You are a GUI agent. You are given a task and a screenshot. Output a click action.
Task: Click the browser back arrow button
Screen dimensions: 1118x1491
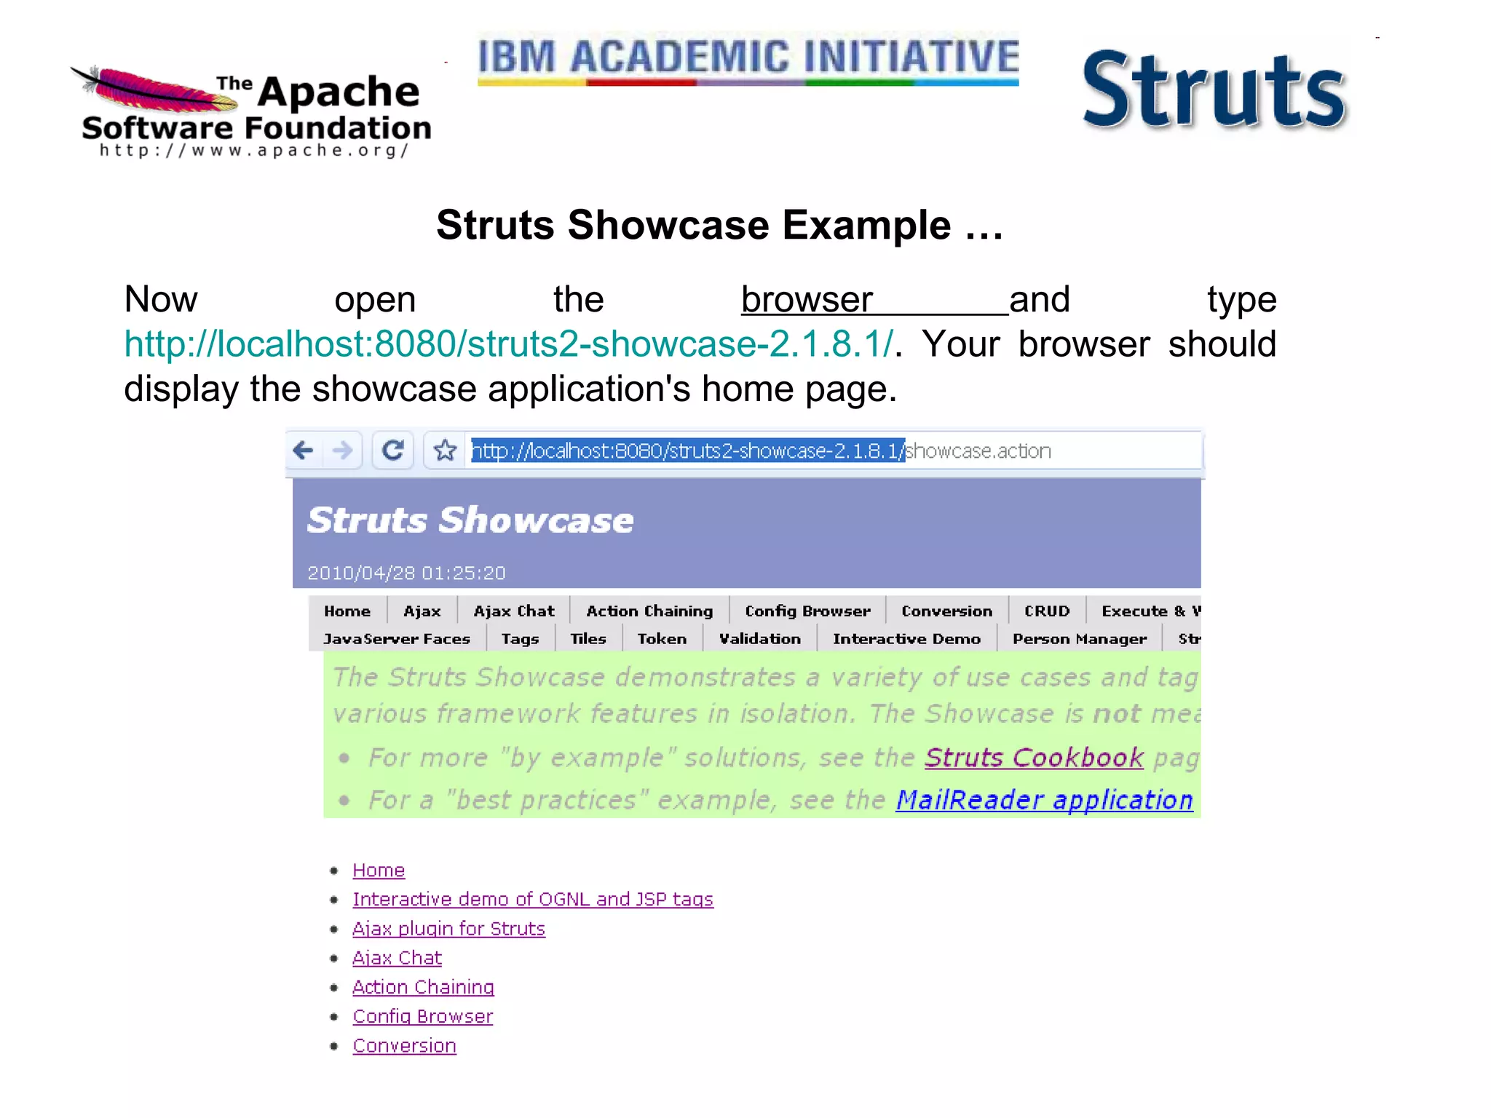tap(304, 451)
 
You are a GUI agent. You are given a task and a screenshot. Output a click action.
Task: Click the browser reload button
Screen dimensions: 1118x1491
tap(393, 451)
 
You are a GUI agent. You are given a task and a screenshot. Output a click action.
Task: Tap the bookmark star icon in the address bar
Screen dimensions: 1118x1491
tap(445, 451)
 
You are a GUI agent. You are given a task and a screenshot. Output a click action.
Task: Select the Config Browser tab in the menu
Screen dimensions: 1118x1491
tap(807, 611)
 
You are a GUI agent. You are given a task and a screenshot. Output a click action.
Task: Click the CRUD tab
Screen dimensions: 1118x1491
tap(1047, 611)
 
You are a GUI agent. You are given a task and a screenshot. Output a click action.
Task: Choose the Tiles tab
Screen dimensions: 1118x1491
tap(588, 638)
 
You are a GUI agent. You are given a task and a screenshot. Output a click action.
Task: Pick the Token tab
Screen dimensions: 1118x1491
tap(662, 638)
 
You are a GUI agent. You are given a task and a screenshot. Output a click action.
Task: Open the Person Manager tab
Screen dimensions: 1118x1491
tap(1079, 638)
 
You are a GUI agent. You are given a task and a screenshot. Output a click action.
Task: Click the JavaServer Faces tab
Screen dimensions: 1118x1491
tap(397, 638)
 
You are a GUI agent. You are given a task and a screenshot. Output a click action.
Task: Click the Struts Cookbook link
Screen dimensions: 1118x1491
tap(1034, 758)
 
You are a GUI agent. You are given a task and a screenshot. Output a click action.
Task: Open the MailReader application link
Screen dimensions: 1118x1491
tap(1044, 800)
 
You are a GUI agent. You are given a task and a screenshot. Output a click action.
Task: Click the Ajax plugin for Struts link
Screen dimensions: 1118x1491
tap(448, 929)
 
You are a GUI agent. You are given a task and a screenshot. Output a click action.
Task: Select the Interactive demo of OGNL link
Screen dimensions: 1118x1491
tap(532, 900)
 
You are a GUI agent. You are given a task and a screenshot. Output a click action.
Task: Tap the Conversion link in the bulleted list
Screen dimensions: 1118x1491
tap(404, 1046)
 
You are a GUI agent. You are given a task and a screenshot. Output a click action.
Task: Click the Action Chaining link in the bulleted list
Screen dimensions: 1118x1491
tap(423, 988)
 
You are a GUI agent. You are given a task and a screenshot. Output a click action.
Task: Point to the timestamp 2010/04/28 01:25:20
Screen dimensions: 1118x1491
tap(406, 573)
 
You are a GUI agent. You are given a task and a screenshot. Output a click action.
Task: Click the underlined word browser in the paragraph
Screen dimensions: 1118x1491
tap(807, 299)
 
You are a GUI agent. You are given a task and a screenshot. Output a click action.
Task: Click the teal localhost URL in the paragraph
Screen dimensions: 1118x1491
tap(508, 344)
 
